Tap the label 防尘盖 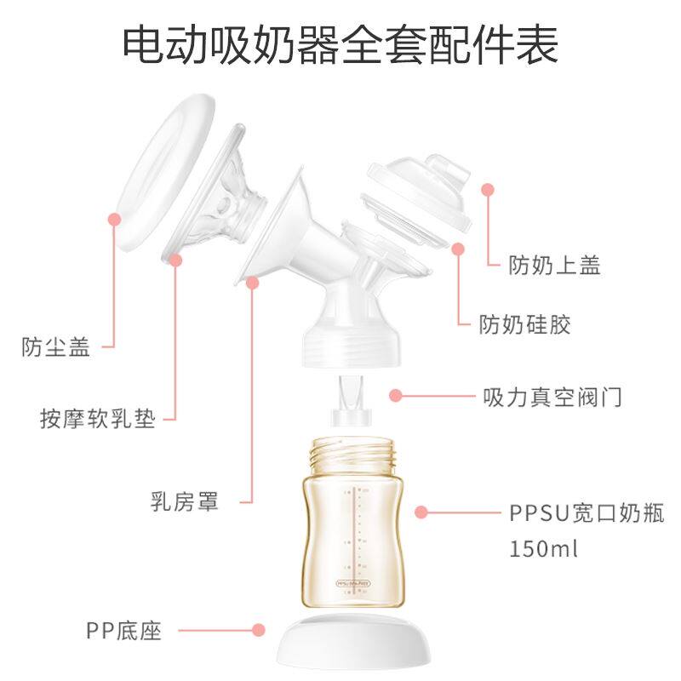(56, 347)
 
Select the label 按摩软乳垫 (98, 419)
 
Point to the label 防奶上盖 (555, 265)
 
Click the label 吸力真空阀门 (552, 397)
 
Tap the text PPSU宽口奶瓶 (587, 513)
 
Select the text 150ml (544, 547)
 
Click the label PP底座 (123, 631)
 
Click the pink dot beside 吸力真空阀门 (396, 395)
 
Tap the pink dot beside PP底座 (259, 631)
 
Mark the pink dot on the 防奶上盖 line (489, 189)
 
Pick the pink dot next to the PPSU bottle (421, 512)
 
